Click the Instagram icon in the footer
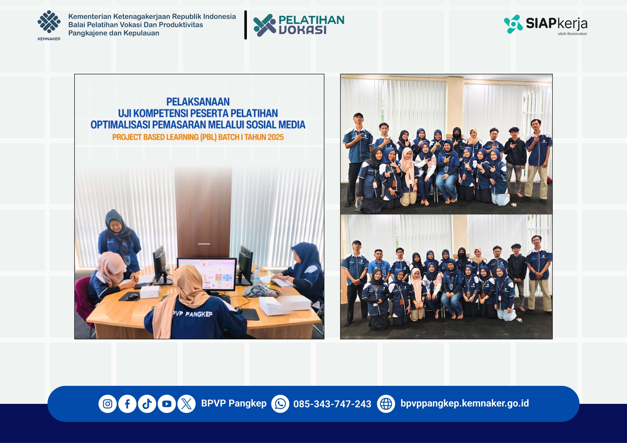coord(108,404)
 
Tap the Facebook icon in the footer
coord(127,404)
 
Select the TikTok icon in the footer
coord(147,404)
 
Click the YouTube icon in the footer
coord(167,404)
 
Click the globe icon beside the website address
coord(386,404)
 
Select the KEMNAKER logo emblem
coord(49,22)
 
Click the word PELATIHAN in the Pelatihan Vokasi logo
coord(311,20)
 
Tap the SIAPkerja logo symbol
coord(513,24)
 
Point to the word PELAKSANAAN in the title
coord(198,102)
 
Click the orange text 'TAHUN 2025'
coord(264,137)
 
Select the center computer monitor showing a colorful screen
coord(207,274)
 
